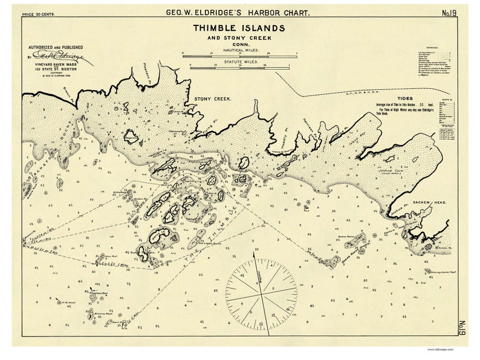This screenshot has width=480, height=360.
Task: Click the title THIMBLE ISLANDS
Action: click(x=239, y=28)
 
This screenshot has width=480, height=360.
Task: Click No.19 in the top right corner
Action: click(x=449, y=11)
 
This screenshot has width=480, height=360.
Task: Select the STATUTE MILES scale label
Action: click(x=239, y=62)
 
